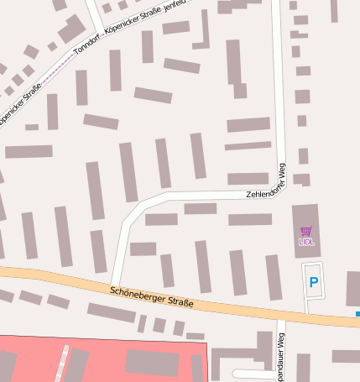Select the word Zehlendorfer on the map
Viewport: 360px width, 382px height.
252,194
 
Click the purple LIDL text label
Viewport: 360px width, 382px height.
305,242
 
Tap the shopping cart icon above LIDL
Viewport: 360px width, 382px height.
305,231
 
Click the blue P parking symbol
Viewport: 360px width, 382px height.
314,283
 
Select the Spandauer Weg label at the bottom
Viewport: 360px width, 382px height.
283,353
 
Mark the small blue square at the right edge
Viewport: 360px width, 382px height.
357,314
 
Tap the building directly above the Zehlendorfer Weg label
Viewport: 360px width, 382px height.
248,178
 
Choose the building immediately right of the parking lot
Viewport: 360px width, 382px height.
352,288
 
